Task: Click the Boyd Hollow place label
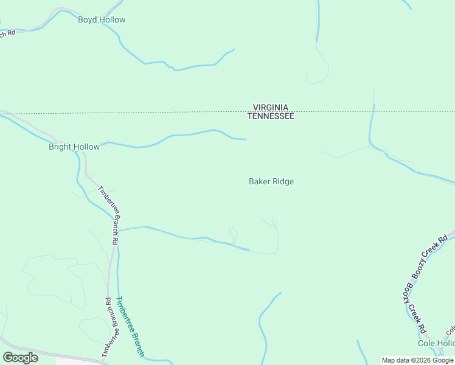(102, 20)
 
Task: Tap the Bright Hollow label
(74, 147)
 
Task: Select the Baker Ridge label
(271, 181)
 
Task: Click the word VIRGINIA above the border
(271, 108)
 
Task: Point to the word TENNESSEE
(271, 116)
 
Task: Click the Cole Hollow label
(436, 344)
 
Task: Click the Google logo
(20, 358)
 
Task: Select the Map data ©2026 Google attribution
(417, 360)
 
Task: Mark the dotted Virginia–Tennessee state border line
(152, 112)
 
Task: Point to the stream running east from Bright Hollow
(182, 134)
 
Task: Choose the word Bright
(61, 147)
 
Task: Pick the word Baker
(260, 181)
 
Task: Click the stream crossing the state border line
(372, 112)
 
